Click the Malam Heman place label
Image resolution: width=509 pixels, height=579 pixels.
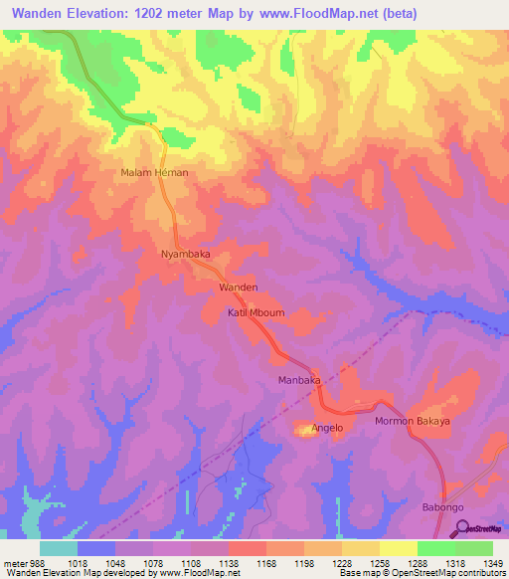click(154, 172)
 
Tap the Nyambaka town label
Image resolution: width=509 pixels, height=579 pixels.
click(186, 254)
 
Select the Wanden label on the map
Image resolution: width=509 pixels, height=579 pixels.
click(239, 287)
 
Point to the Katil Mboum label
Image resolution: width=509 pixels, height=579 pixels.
click(256, 313)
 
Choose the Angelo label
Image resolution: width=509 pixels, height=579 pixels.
click(327, 428)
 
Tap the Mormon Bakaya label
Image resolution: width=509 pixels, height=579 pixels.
click(412, 421)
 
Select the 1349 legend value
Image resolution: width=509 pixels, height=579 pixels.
click(492, 562)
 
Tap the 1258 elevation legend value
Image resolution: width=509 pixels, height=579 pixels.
click(380, 562)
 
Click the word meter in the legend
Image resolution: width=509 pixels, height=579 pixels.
click(17, 562)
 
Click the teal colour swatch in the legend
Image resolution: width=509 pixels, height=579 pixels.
click(59, 548)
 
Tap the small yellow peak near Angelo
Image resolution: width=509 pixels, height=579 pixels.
click(302, 430)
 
